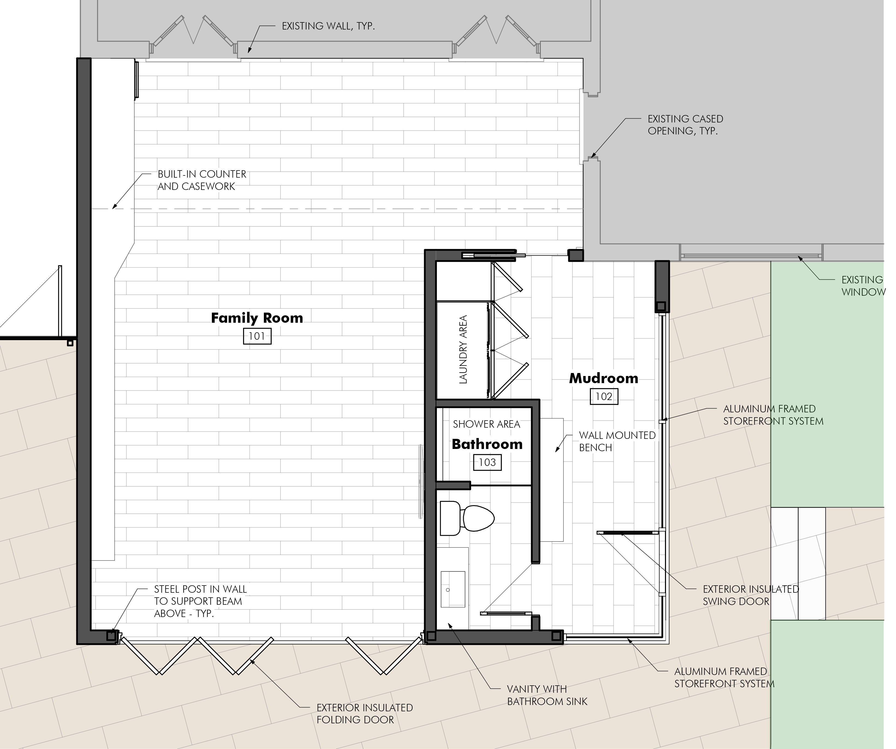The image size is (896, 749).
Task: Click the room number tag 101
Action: click(x=257, y=336)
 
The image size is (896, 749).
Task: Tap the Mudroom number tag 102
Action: click(x=604, y=396)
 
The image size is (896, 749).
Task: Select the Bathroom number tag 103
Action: click(x=487, y=462)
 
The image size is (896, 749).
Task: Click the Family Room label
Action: click(x=257, y=318)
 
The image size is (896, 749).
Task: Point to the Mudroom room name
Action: click(x=604, y=378)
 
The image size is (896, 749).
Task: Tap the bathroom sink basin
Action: click(x=453, y=589)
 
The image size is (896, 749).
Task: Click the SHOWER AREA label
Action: click(x=486, y=424)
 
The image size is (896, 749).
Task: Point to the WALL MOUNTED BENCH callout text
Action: click(x=617, y=441)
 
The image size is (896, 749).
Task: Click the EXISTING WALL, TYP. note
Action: click(x=328, y=26)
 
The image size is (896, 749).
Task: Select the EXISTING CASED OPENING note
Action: click(x=685, y=125)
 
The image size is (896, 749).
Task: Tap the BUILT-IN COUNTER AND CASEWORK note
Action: click(x=202, y=180)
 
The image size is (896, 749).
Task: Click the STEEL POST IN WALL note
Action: click(x=200, y=601)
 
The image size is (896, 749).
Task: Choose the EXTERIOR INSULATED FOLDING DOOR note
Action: click(x=364, y=714)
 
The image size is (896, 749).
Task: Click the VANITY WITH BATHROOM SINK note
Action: click(x=547, y=695)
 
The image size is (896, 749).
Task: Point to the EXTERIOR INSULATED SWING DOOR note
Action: click(x=751, y=595)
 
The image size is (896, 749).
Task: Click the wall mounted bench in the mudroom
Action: click(x=552, y=480)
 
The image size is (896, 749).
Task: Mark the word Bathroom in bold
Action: click(x=487, y=444)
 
